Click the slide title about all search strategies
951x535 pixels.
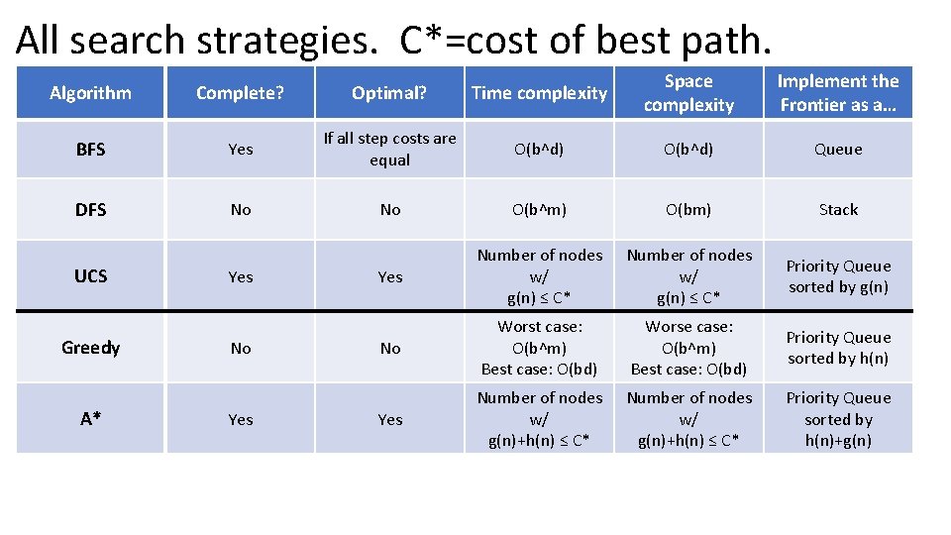tap(392, 40)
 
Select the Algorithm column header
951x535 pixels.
tap(90, 93)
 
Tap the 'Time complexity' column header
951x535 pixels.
tap(539, 93)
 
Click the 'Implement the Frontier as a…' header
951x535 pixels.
tap(838, 93)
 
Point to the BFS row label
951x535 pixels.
tap(90, 150)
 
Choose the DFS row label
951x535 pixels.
tap(90, 210)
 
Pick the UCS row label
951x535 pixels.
tap(90, 276)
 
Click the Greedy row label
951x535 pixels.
tap(90, 348)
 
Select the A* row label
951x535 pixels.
tap(90, 419)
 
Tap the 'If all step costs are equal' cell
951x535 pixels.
tap(390, 150)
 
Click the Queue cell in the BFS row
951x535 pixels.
tap(838, 150)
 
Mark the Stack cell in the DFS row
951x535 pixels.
tap(838, 210)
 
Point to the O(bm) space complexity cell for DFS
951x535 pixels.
tap(688, 210)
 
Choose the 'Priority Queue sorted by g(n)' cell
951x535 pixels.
tap(838, 276)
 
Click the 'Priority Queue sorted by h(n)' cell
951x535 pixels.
tap(838, 348)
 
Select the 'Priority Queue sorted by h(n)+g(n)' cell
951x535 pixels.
tap(838, 419)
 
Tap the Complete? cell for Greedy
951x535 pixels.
tap(241, 349)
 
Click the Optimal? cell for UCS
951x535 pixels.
tap(390, 277)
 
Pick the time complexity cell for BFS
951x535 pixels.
tap(539, 150)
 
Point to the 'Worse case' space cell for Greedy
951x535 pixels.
tap(688, 348)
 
